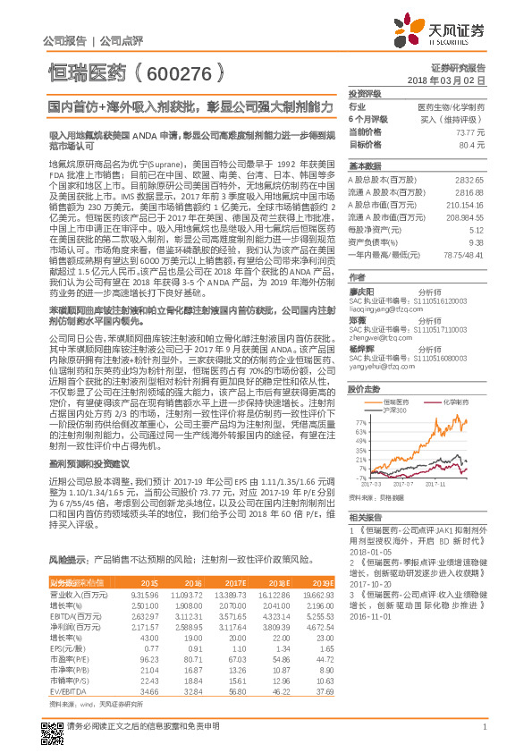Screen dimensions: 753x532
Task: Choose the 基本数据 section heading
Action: (365, 166)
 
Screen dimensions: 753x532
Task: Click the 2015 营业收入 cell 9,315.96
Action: (144, 594)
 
